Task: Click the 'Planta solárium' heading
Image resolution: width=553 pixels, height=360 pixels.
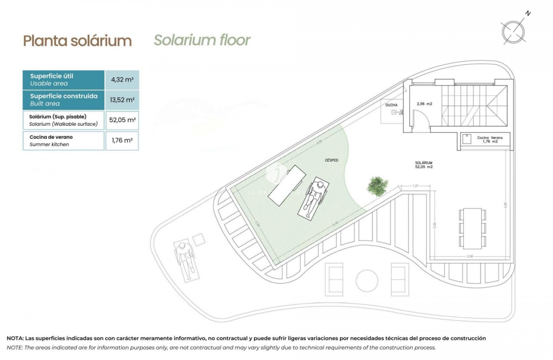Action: (78, 41)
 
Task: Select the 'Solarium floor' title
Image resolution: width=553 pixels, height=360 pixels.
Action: (202, 40)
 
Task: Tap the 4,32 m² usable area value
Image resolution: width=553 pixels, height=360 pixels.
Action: (122, 79)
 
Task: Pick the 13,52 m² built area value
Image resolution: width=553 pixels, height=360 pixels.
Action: (122, 100)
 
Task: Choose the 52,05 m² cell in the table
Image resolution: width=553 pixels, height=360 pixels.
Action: (122, 120)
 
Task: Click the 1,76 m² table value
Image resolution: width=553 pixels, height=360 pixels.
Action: (122, 140)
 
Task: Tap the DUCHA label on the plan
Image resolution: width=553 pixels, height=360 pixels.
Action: (391, 105)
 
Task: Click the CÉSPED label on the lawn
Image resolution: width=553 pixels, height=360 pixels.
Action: (331, 161)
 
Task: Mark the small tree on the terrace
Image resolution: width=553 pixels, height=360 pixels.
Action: (377, 186)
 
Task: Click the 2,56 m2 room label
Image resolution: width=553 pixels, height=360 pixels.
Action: (424, 104)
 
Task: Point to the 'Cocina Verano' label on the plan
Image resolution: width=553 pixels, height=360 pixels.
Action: (490, 138)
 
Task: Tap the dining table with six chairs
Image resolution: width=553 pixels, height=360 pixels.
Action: (472, 227)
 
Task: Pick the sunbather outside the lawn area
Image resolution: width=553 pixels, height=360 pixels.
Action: (184, 259)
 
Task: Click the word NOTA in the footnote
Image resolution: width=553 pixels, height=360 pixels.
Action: (15, 338)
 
